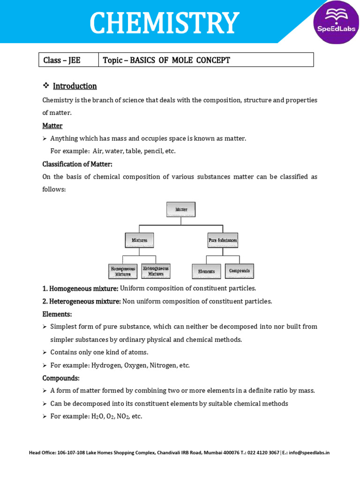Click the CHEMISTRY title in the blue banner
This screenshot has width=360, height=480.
pyautogui.click(x=165, y=22)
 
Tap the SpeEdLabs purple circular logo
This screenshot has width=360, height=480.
pyautogui.click(x=336, y=22)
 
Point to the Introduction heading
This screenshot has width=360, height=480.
pyautogui.click(x=75, y=86)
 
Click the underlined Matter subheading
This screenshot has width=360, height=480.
pyautogui.click(x=52, y=126)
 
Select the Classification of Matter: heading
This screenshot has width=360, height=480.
pyautogui.click(x=77, y=164)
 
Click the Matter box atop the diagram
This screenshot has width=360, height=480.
pyautogui.click(x=181, y=210)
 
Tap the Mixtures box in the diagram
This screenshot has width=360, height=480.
pyautogui.click(x=139, y=240)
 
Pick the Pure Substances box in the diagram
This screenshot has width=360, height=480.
pyautogui.click(x=223, y=240)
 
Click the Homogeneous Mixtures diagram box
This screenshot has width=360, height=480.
pyautogui.click(x=123, y=271)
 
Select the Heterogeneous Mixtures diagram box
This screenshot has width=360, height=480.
pyautogui.click(x=156, y=271)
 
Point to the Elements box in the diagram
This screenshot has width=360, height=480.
pyautogui.click(x=206, y=271)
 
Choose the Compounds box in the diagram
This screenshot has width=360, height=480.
pyautogui.click(x=240, y=270)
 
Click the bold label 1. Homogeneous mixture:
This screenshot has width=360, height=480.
pyautogui.click(x=80, y=288)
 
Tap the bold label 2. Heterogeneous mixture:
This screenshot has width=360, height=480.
pyautogui.click(x=82, y=301)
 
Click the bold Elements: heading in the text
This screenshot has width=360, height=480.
pyautogui.click(x=57, y=314)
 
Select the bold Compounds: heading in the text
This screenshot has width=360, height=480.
pyautogui.click(x=61, y=378)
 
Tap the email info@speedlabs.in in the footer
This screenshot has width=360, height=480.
pyautogui.click(x=309, y=453)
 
